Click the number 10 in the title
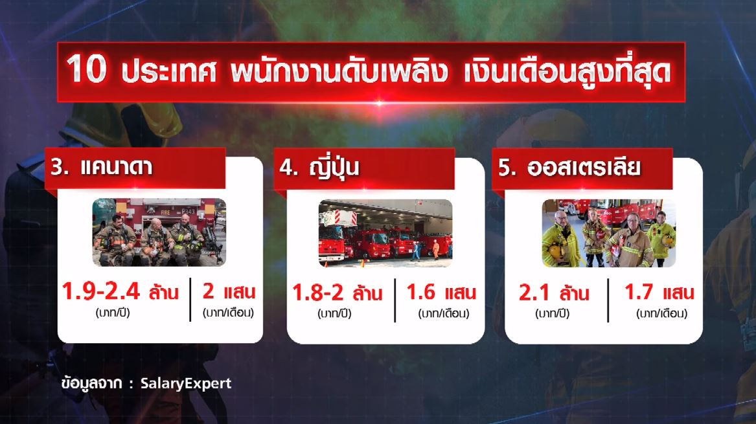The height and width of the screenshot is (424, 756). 86,70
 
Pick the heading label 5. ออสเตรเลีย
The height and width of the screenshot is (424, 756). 569,168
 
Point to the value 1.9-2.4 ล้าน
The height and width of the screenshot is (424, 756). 120,293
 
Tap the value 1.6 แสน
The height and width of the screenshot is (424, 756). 441,293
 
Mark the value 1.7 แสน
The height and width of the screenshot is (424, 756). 659,293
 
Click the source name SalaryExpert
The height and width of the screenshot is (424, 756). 185,383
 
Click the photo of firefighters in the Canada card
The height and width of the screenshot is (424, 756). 159,232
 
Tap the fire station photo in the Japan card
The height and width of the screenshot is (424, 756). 385,232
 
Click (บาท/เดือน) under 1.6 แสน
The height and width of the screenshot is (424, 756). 443,314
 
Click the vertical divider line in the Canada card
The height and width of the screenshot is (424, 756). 190,299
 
